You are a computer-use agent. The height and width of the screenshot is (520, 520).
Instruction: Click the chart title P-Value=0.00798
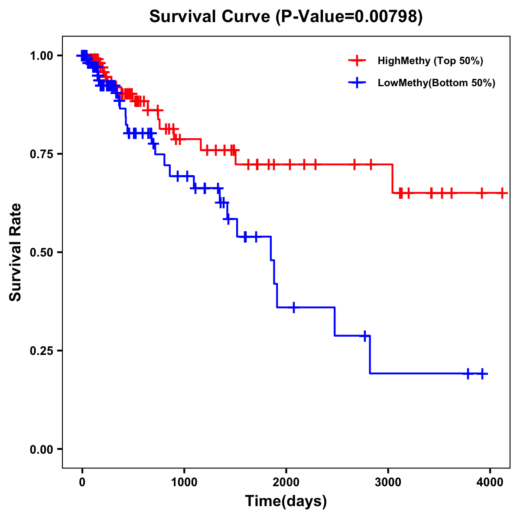coord(286,16)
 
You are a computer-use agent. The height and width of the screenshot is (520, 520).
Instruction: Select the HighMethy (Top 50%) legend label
coord(430,61)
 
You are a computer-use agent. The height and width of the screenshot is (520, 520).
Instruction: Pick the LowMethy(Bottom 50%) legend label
coord(436,83)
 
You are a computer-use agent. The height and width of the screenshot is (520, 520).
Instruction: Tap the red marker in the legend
coord(357,61)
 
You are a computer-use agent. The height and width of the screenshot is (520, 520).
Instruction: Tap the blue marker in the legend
coord(357,83)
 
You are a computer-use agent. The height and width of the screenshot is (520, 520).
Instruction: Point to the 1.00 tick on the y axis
coord(41,55)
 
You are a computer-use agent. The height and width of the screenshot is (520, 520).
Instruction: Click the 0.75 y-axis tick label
coord(41,154)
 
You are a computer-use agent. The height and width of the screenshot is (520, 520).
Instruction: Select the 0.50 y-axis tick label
coord(41,252)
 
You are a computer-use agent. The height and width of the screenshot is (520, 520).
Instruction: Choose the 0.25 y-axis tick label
coord(41,351)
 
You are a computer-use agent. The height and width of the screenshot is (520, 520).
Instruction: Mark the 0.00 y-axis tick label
coord(41,449)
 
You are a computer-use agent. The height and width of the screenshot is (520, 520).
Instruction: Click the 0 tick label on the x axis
coord(82,481)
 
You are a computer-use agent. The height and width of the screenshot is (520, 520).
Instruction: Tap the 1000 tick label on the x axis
coord(184,481)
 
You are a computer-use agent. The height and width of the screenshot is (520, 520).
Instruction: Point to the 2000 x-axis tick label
coord(286,481)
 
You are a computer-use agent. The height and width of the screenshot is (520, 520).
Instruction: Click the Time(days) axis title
coord(286,501)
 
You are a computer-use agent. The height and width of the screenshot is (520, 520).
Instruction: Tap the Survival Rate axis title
coord(16,252)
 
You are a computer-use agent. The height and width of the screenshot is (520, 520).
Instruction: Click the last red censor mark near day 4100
coord(502,193)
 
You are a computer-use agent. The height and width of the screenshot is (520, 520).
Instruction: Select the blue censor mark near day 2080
coord(294,307)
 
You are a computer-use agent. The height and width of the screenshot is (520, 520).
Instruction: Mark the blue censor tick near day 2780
coord(365,336)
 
